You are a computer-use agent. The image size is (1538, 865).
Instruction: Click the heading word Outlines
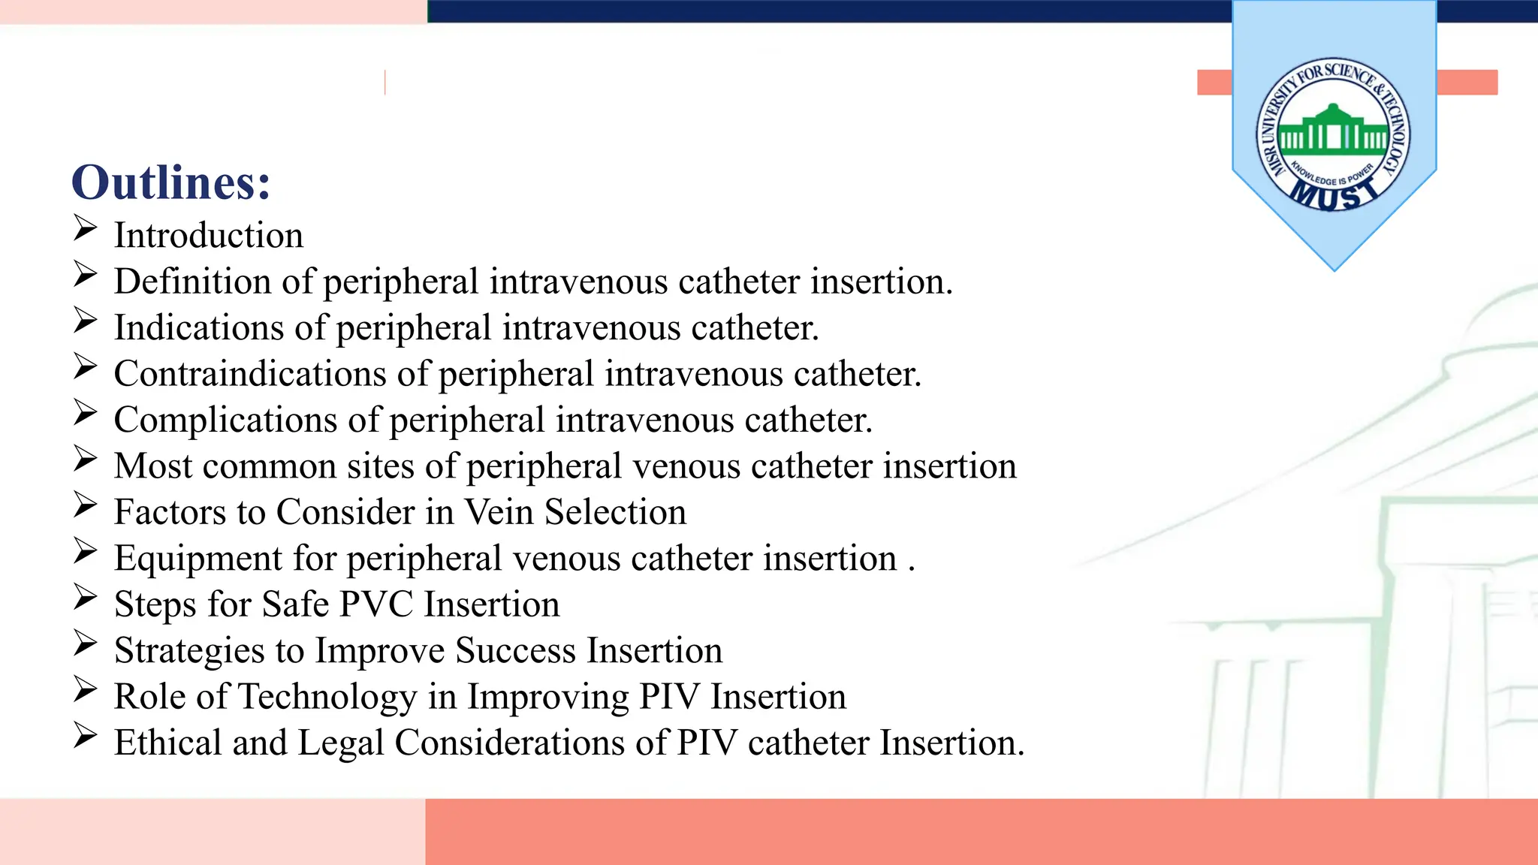170,182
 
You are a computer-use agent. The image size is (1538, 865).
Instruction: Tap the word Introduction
209,236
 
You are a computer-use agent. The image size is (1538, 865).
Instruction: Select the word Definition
192,282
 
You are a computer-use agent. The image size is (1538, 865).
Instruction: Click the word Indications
198,328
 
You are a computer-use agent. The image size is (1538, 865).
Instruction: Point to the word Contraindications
250,374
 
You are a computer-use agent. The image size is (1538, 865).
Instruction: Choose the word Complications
225,420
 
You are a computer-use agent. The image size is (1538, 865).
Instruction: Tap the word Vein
499,512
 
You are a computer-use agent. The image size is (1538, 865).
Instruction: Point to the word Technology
327,697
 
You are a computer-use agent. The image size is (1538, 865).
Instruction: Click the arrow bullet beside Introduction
86,228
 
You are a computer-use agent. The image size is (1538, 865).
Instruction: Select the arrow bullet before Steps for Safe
86,597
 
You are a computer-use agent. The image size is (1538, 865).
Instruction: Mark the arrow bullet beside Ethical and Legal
86,735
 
